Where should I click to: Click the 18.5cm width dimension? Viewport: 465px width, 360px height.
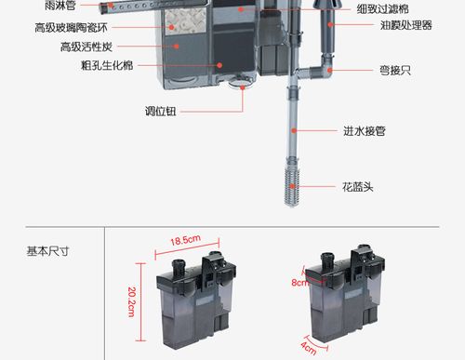point(185,241)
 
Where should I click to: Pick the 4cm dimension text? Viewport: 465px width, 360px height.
point(308,349)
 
